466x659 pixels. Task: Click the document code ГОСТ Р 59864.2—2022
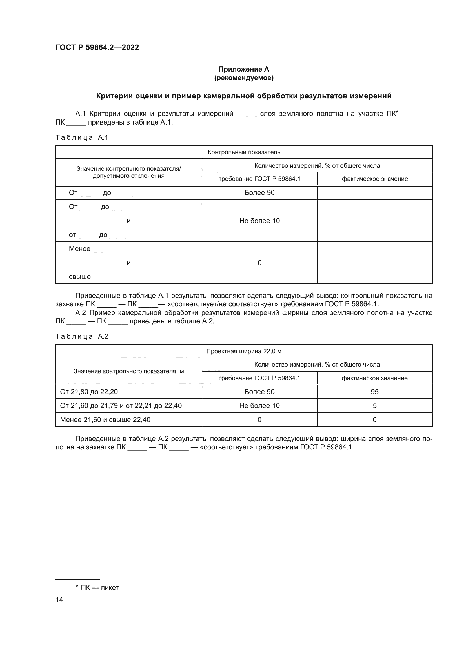(x=97, y=47)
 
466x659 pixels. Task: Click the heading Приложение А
(x=244, y=69)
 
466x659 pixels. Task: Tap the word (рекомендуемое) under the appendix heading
(x=244, y=78)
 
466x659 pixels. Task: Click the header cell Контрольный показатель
(x=244, y=152)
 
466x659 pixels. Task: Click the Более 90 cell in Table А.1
(x=259, y=193)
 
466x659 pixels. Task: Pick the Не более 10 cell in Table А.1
(x=259, y=221)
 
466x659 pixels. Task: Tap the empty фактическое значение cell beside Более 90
(x=374, y=193)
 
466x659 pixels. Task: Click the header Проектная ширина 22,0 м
(x=244, y=351)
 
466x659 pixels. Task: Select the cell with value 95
(x=374, y=392)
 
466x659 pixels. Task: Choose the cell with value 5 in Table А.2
(x=374, y=405)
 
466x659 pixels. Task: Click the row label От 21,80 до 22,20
(x=89, y=392)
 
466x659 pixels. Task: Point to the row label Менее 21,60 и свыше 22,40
(x=105, y=420)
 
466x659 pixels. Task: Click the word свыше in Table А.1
(x=79, y=277)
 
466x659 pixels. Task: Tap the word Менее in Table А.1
(x=79, y=249)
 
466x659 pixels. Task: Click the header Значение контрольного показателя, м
(x=128, y=371)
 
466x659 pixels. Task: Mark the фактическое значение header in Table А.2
(x=374, y=378)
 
